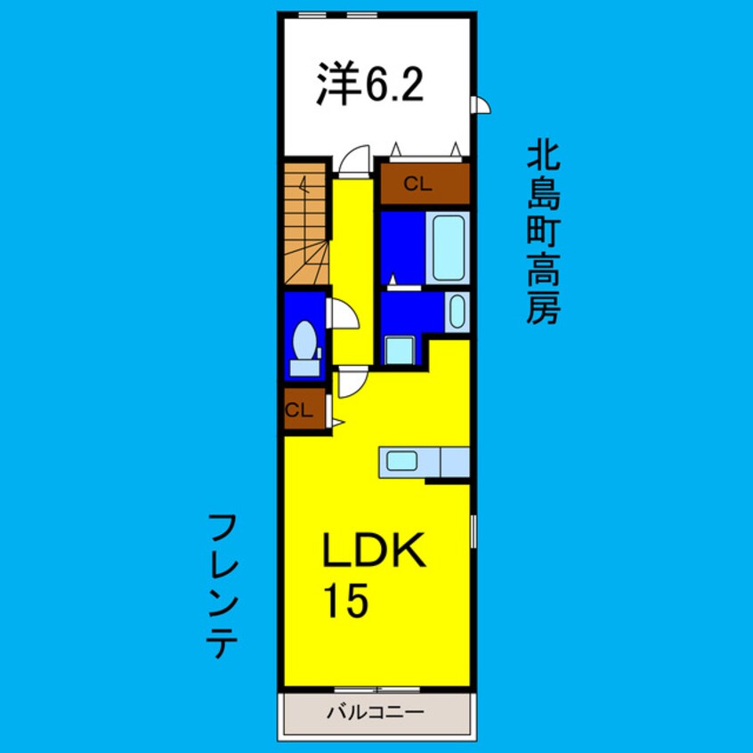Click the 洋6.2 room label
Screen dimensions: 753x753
click(x=369, y=84)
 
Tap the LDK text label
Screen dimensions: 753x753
click(x=374, y=550)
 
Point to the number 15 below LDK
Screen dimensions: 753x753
click(x=345, y=599)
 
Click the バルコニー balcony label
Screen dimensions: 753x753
click(x=376, y=712)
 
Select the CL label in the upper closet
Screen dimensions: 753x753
click(x=417, y=184)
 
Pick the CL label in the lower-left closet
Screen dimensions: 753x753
click(x=299, y=410)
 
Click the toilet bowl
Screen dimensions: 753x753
click(x=304, y=341)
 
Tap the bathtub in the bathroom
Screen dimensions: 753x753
click(x=449, y=247)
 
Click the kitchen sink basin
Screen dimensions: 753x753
click(x=401, y=461)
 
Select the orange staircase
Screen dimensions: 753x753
click(x=306, y=223)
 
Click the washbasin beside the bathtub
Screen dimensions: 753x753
click(x=457, y=312)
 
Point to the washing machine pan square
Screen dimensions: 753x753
click(x=400, y=350)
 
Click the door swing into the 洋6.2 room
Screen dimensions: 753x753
click(x=354, y=161)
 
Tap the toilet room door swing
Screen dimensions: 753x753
click(x=343, y=313)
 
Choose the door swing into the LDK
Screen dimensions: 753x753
click(x=353, y=382)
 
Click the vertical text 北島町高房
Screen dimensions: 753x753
click(x=543, y=233)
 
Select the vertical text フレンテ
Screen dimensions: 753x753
click(x=222, y=586)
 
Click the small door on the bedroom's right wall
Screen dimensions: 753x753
click(x=482, y=105)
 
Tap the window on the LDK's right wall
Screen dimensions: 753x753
click(x=474, y=531)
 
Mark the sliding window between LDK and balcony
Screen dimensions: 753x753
click(x=377, y=690)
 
